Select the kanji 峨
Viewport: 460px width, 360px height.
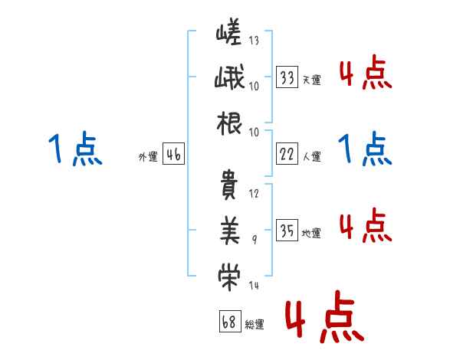229,79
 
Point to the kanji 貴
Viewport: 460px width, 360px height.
229,185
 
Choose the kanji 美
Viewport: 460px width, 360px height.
229,227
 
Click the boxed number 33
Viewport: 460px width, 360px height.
287,77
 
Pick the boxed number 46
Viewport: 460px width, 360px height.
173,155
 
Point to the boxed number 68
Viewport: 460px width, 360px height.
228,322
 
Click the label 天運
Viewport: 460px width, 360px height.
311,79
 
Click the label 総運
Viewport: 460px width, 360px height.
254,324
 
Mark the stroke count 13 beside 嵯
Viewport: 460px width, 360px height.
255,41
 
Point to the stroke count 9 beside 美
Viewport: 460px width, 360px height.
255,240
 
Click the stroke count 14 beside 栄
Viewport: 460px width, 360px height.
255,285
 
